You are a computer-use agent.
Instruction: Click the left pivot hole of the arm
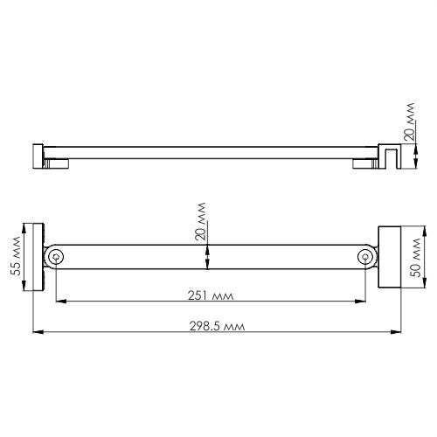click(56, 257)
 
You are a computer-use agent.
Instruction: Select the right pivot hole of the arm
click(366, 257)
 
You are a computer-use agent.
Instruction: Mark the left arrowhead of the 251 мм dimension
click(59, 302)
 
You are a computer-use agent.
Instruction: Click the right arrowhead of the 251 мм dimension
click(364, 302)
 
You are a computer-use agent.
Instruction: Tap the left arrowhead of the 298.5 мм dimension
click(36, 333)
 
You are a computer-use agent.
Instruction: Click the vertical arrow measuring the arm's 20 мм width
click(207, 257)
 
